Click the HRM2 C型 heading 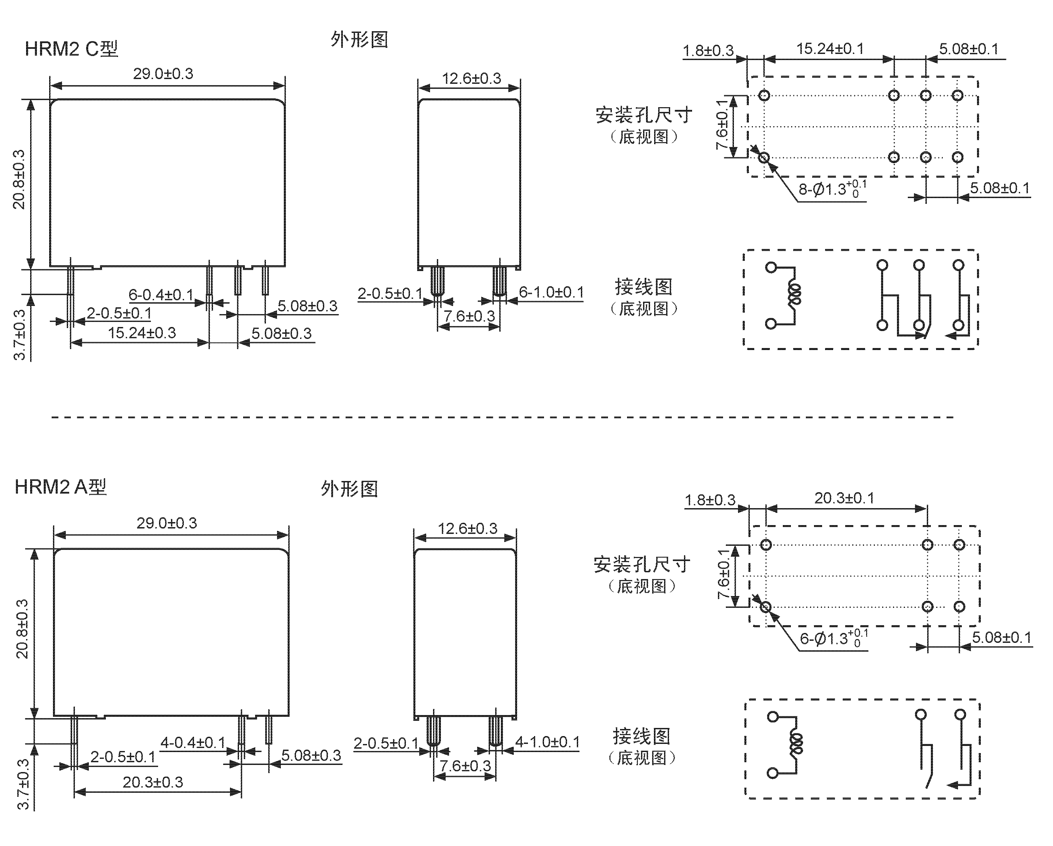[x=71, y=49]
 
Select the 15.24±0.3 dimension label [x=142, y=333]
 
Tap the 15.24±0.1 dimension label [x=830, y=49]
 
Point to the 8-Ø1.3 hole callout [x=832, y=189]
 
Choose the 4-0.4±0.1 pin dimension [x=193, y=743]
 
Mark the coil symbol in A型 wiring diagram [x=796, y=744]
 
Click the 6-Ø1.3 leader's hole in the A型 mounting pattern [x=766, y=607]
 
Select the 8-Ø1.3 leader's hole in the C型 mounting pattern [x=764, y=157]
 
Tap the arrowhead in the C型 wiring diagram [x=950, y=335]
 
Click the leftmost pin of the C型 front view [x=70, y=292]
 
